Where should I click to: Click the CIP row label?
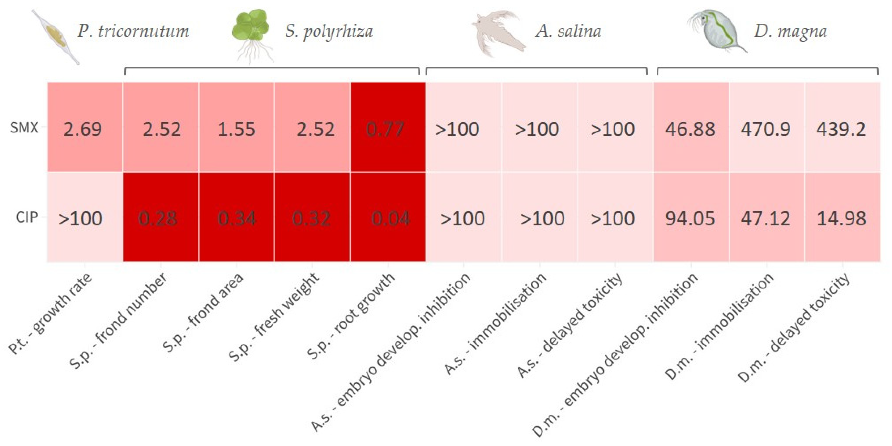tap(26, 217)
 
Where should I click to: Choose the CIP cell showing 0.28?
tap(160, 217)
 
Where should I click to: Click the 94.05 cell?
tap(690, 217)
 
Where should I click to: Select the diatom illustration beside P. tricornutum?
tap(56, 36)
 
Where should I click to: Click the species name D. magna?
tap(790, 31)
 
